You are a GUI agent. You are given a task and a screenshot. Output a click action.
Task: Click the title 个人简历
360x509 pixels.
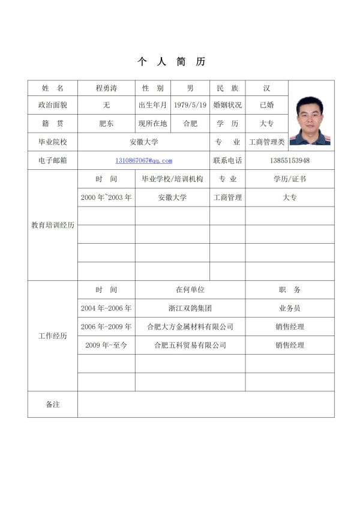172,62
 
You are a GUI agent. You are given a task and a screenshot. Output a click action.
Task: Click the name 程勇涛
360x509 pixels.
106,88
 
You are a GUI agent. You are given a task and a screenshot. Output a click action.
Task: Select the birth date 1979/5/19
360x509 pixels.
190,105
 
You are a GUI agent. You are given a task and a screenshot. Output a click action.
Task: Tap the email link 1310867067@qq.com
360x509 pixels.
144,160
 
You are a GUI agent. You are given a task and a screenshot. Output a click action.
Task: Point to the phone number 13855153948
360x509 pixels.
290,160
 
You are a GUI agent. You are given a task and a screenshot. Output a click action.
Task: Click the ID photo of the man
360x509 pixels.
310,121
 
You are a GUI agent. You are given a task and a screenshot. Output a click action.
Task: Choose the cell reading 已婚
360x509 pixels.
266,105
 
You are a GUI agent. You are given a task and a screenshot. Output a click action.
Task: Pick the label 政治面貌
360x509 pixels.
53,105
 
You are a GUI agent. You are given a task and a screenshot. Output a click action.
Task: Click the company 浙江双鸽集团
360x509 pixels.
190,308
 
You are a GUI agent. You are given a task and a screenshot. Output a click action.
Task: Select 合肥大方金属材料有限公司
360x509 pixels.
190,327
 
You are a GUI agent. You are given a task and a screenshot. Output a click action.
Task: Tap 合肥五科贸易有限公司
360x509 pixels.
190,345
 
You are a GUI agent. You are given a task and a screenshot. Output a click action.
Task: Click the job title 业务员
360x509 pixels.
290,308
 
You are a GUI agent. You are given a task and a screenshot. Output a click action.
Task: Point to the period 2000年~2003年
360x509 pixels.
106,197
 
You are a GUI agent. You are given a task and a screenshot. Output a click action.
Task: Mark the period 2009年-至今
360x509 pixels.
106,345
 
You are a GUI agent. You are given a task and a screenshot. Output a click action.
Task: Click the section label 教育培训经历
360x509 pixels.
53,225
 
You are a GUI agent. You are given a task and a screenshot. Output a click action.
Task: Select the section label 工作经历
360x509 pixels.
53,336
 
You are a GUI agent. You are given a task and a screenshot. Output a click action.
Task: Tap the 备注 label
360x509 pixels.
53,405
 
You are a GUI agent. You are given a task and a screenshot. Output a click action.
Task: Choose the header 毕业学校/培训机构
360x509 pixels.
172,179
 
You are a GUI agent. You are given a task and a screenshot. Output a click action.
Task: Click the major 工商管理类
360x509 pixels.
266,142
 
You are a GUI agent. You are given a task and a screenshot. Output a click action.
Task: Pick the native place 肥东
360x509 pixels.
106,124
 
